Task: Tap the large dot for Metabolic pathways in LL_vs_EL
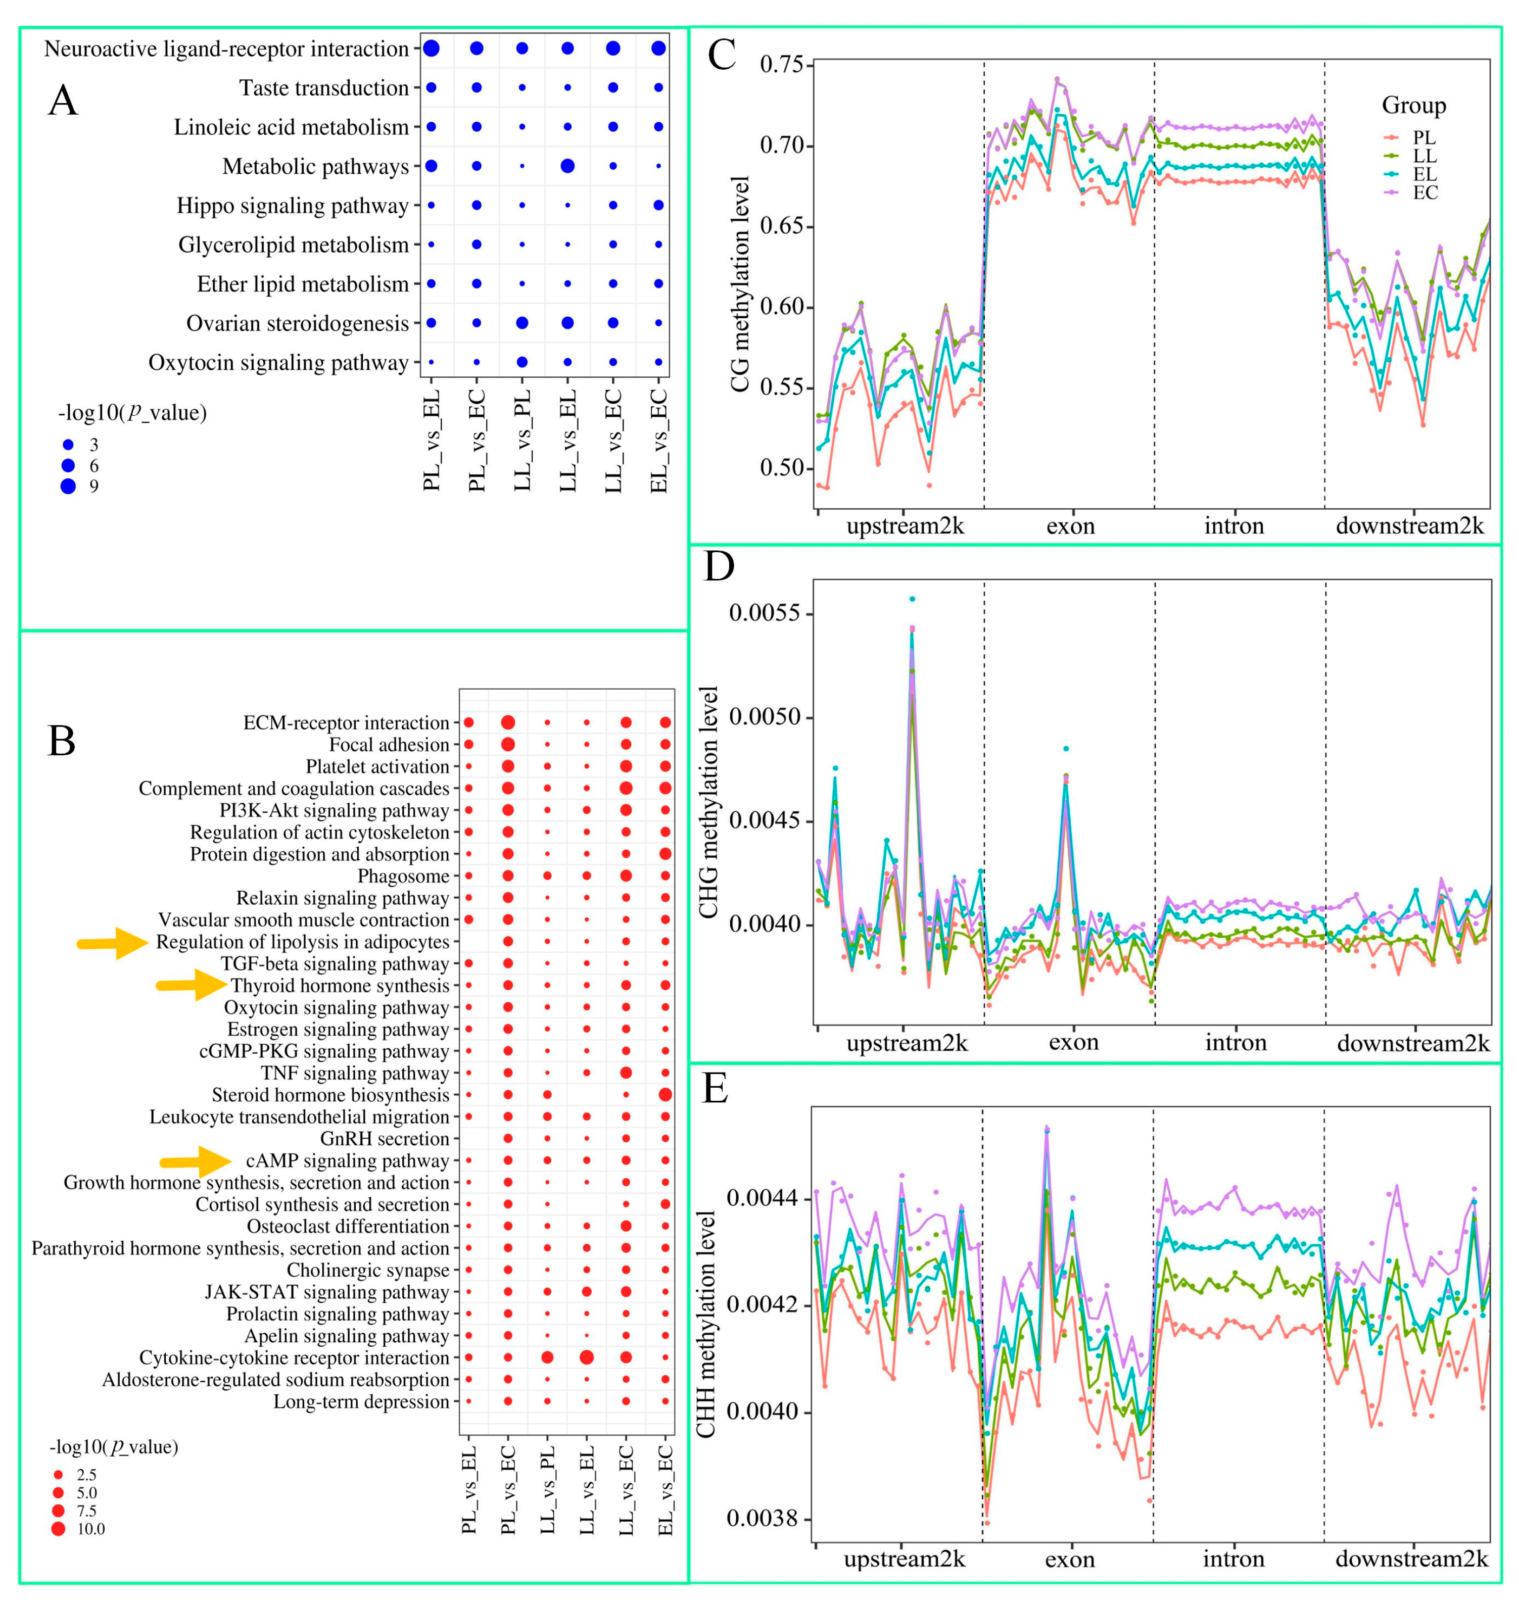click(x=567, y=166)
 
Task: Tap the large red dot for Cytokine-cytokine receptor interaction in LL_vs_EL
click(x=587, y=1357)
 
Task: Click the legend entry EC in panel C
click(x=1425, y=192)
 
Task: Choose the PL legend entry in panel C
click(x=1423, y=137)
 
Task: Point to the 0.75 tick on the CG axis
click(x=786, y=64)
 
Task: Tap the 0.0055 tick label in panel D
click(x=765, y=613)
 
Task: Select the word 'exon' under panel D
click(x=1074, y=1042)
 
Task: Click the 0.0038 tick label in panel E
click(x=763, y=1518)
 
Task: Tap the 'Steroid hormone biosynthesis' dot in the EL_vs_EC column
click(x=666, y=1095)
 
